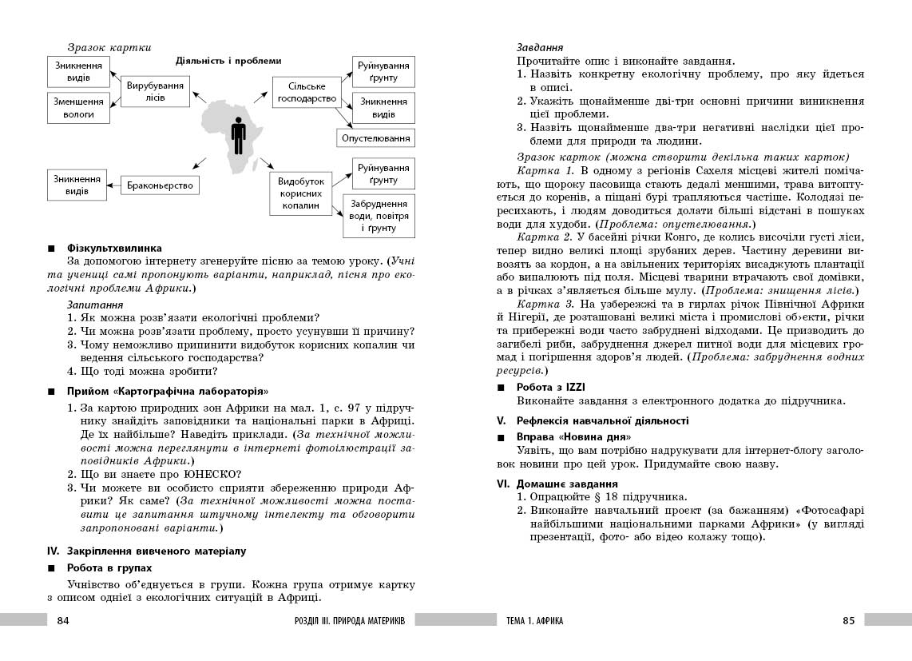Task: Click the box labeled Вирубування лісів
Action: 156,91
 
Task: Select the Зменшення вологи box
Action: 78,108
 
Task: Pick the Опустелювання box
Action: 376,138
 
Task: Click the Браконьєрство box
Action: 161,185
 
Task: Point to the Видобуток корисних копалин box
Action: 300,193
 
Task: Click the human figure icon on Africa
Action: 238,136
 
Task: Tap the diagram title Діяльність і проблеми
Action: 228,60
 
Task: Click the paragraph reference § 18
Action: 591,496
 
